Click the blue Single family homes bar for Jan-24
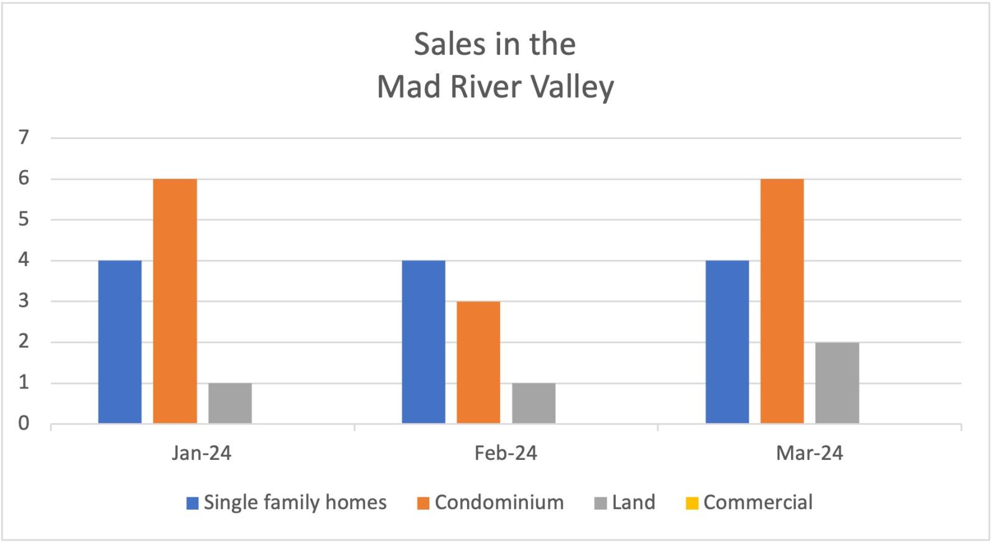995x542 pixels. pos(119,342)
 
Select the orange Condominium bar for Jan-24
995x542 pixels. pos(175,301)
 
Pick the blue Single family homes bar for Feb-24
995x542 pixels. pos(423,342)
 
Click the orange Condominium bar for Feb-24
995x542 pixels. pos(478,362)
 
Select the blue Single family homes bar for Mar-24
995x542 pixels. pos(727,342)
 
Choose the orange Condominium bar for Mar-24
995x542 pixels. pos(782,301)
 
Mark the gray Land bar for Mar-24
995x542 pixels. pos(837,383)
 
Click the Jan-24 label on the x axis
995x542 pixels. pos(201,453)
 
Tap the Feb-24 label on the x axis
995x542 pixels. pos(506,453)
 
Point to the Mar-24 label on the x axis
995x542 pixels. pos(809,453)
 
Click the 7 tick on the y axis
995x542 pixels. pos(24,137)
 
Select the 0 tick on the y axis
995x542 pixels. pos(24,423)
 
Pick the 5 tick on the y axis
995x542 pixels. pos(24,219)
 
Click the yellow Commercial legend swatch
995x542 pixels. pos(692,503)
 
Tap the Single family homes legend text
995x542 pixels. pos(295,502)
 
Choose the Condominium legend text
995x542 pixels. pos(499,502)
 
